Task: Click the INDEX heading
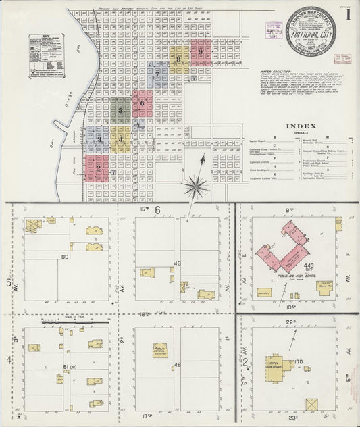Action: pyautogui.click(x=297, y=126)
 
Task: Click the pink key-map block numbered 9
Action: pyautogui.click(x=201, y=50)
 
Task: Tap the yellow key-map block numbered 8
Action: pyautogui.click(x=178, y=59)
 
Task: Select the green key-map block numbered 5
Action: pyautogui.click(x=121, y=108)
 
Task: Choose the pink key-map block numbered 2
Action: pyautogui.click(x=98, y=168)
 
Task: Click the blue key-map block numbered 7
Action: pyautogui.click(x=157, y=74)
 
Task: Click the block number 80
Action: pyautogui.click(x=66, y=257)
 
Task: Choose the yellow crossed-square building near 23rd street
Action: pyautogui.click(x=312, y=405)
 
